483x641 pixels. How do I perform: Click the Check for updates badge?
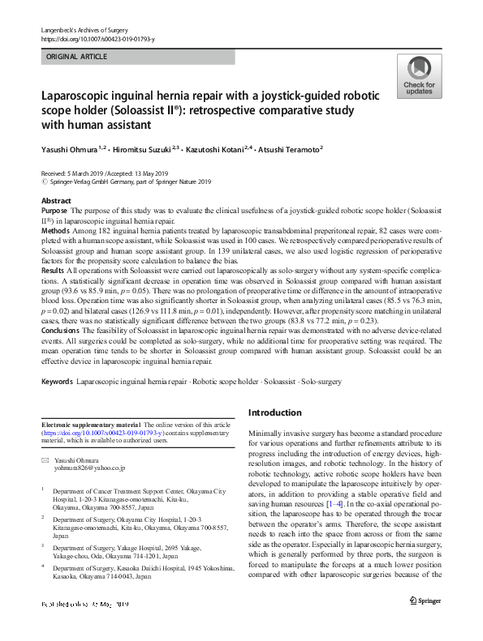(418, 76)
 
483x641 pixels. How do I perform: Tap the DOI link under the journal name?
(97, 39)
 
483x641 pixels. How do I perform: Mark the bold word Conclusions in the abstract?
(62, 329)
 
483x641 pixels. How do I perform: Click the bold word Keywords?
(57, 378)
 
